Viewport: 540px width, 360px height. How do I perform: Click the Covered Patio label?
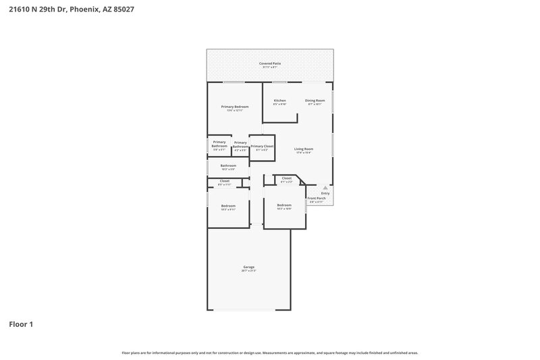pyautogui.click(x=270, y=63)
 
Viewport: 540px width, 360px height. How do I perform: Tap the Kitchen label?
pyautogui.click(x=279, y=101)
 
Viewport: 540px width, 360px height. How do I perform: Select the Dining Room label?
pyautogui.click(x=315, y=101)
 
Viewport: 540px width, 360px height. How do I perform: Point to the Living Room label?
pyautogui.click(x=304, y=149)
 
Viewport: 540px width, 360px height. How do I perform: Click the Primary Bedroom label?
pyautogui.click(x=235, y=107)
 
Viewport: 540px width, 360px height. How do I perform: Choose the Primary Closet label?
pyautogui.click(x=262, y=146)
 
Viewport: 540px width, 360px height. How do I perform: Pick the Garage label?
pyautogui.click(x=249, y=267)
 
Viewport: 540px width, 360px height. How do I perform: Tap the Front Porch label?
pyautogui.click(x=316, y=199)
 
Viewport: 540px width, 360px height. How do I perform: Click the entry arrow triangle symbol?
pyautogui.click(x=325, y=187)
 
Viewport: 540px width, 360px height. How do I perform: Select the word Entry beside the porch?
pyautogui.click(x=325, y=193)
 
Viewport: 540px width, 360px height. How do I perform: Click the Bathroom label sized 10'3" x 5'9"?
pyautogui.click(x=228, y=165)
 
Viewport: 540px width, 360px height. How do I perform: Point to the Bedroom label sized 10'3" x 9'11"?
pyautogui.click(x=228, y=205)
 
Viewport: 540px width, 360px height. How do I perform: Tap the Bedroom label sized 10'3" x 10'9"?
pyautogui.click(x=284, y=205)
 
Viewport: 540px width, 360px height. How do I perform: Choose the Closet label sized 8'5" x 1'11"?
pyautogui.click(x=225, y=181)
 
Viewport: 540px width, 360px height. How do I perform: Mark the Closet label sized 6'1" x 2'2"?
pyautogui.click(x=286, y=178)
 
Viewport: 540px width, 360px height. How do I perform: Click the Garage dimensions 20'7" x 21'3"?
pyautogui.click(x=249, y=271)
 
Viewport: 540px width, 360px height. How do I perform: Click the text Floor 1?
pyautogui.click(x=20, y=324)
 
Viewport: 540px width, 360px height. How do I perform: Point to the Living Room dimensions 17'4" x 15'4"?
pyautogui.click(x=304, y=153)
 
